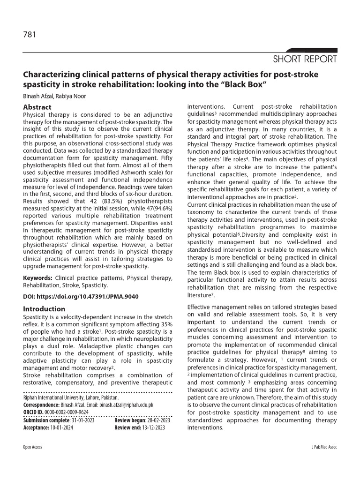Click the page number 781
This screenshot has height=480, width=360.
click(30, 34)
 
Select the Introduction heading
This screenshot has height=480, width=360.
click(44, 309)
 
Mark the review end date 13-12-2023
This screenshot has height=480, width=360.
click(151, 427)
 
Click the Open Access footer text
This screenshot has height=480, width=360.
click(33, 447)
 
